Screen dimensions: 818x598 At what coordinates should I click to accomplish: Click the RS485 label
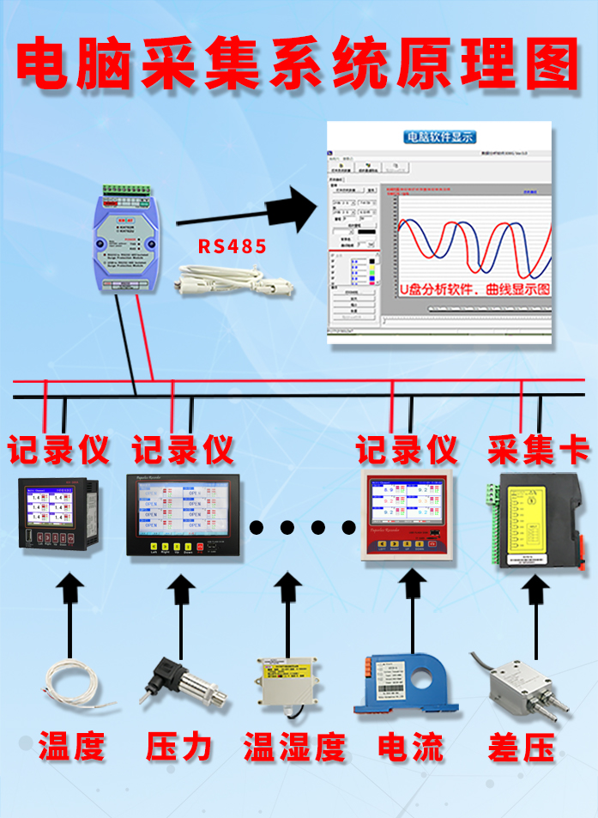coord(233,246)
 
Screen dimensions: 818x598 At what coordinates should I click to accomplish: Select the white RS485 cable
coord(237,282)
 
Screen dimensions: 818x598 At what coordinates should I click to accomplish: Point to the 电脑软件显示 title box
coord(439,136)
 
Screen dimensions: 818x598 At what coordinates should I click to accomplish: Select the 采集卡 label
coord(538,449)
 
